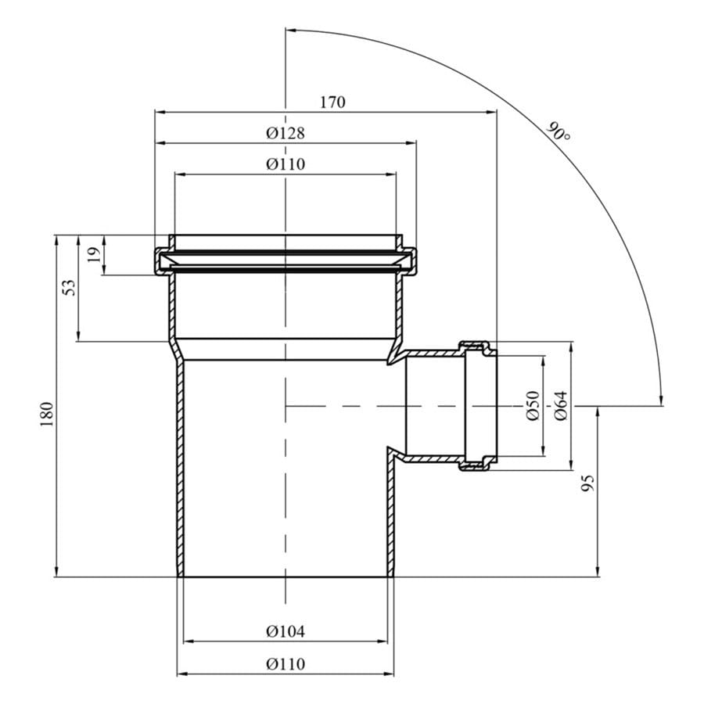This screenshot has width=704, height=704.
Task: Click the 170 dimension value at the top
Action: [332, 102]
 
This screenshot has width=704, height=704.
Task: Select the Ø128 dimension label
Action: [285, 133]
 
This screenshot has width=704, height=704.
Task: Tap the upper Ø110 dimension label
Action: [285, 164]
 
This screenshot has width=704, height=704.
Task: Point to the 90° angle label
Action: [559, 132]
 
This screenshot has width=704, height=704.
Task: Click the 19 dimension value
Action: [94, 255]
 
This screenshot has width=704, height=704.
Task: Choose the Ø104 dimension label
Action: [285, 631]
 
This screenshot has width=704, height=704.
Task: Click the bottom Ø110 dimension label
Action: [285, 664]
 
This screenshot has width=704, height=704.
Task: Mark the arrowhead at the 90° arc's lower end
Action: [661, 401]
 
